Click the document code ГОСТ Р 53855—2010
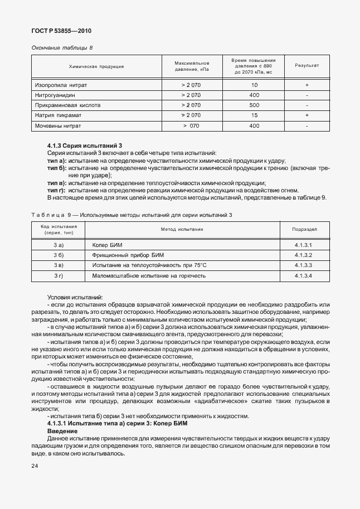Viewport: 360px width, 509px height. coord(61,31)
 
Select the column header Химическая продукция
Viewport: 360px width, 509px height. coord(96,66)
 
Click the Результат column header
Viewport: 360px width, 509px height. coord(307,66)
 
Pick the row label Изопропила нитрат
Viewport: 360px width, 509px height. coord(61,85)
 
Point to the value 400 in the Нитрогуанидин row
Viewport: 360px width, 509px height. coord(255,95)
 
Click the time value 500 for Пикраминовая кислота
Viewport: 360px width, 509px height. coord(255,105)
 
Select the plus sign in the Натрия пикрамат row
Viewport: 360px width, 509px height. coord(307,115)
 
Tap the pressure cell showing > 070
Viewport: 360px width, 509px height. coord(191,126)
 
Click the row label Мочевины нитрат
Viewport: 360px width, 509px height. coord(60,126)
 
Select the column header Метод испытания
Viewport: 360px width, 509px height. coord(182,229)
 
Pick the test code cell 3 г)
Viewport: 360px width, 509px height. coord(59,276)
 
